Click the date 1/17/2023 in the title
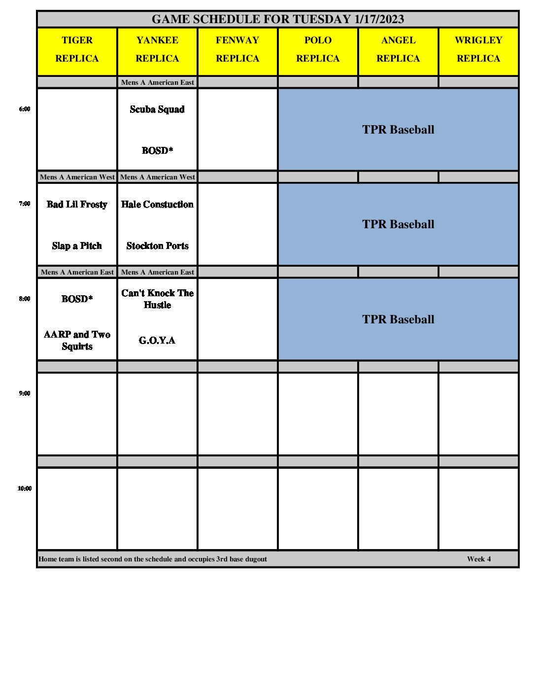tap(379, 19)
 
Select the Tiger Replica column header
tap(77, 49)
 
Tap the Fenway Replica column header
tap(237, 49)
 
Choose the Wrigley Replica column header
tap(478, 49)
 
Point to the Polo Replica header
tap(318, 49)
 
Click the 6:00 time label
tap(25, 109)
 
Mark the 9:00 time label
tap(25, 393)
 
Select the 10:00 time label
tap(25, 488)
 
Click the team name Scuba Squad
tap(157, 109)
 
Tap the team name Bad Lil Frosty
tap(77, 205)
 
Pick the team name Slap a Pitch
tap(77, 246)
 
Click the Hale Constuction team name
tap(157, 205)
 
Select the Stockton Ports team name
tap(157, 246)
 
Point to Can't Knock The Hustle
tap(157, 299)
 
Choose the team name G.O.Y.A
tap(157, 341)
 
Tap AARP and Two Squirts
tap(77, 340)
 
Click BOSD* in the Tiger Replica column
tap(77, 299)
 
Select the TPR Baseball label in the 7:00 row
tap(398, 224)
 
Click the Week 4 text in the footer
tap(479, 559)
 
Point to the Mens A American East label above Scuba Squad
tap(157, 82)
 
